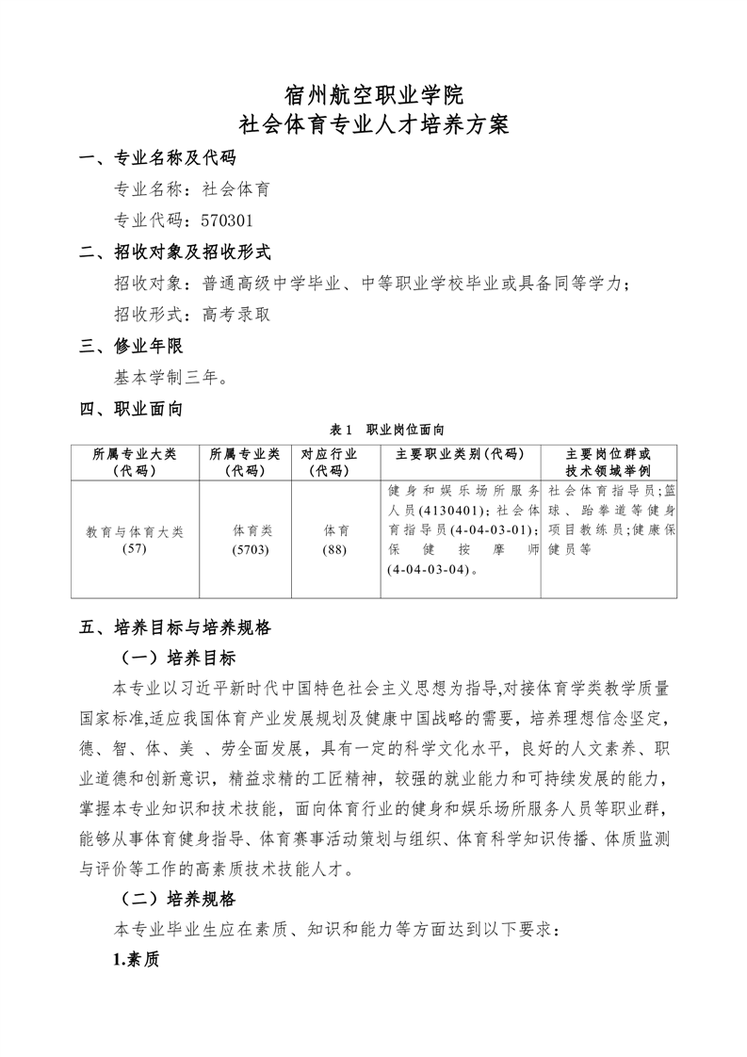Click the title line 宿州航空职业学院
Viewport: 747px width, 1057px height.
[x=373, y=94]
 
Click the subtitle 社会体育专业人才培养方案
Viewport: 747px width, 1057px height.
[x=373, y=124]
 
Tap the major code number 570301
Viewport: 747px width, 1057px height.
[x=228, y=220]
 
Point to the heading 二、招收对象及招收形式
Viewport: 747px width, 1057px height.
[x=175, y=252]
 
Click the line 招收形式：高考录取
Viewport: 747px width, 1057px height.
[x=192, y=315]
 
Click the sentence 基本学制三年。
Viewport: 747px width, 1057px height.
[x=170, y=378]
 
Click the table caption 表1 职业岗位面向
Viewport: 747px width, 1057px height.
[x=373, y=429]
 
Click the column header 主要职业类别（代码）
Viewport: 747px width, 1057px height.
[x=461, y=453]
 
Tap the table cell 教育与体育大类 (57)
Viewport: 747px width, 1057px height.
[x=135, y=540]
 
